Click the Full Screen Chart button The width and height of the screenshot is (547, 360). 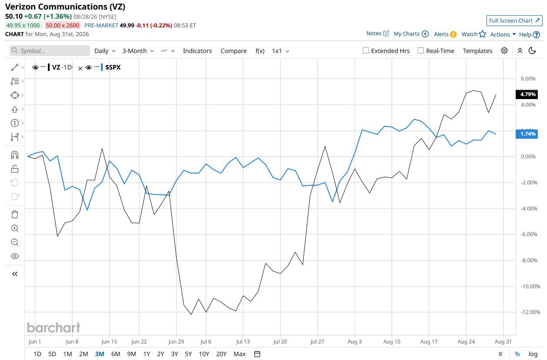tap(514, 21)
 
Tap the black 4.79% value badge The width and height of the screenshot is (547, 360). tap(527, 94)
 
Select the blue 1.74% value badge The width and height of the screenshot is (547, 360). tap(527, 134)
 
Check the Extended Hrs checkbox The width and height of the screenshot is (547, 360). tap(366, 50)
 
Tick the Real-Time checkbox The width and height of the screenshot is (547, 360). tap(421, 50)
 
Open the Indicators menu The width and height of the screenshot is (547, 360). tap(197, 51)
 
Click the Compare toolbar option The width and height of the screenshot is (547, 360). tap(233, 51)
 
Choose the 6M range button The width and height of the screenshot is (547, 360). tap(115, 353)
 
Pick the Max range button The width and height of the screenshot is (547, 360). tap(239, 353)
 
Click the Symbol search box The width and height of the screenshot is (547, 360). tap(50, 51)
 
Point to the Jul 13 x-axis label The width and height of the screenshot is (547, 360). tap(243, 341)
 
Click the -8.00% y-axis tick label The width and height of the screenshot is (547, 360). tap(529, 260)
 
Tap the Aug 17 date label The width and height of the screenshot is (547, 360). tap(429, 341)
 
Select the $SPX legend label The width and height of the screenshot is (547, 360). tap(113, 67)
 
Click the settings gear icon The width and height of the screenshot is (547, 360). tap(504, 50)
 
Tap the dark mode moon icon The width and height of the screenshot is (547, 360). tap(532, 50)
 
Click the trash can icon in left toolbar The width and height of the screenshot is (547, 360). tap(15, 214)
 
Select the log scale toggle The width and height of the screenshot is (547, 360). tap(533, 354)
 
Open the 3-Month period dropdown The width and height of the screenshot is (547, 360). tap(138, 51)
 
